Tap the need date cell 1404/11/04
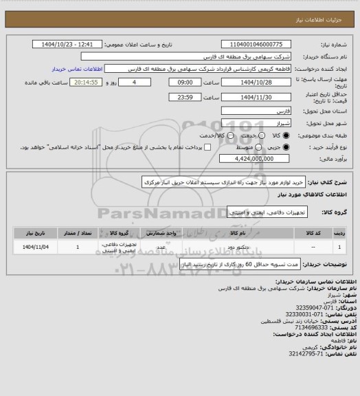point(34,245)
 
